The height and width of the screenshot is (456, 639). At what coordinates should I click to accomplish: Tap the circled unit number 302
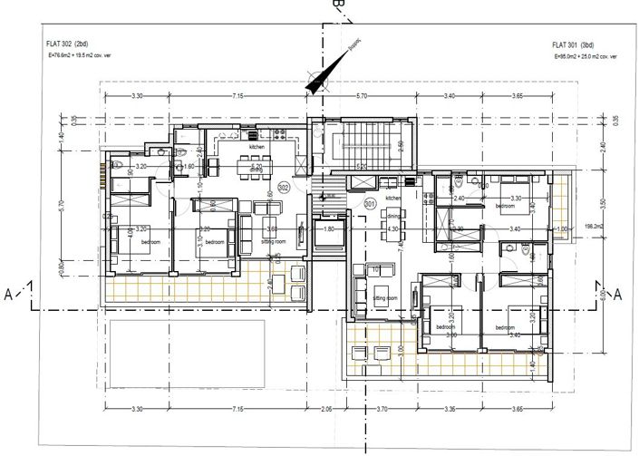click(283, 188)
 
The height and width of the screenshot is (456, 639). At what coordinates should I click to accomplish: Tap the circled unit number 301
click(370, 205)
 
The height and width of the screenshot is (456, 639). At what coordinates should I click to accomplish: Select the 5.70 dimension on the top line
click(361, 95)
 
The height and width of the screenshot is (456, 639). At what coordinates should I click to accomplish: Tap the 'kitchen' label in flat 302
click(257, 146)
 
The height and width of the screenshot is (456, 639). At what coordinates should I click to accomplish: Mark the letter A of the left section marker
click(9, 293)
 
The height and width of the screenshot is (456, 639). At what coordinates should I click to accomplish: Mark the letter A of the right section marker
click(618, 294)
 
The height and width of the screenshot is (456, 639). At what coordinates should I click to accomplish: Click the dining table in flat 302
click(255, 165)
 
